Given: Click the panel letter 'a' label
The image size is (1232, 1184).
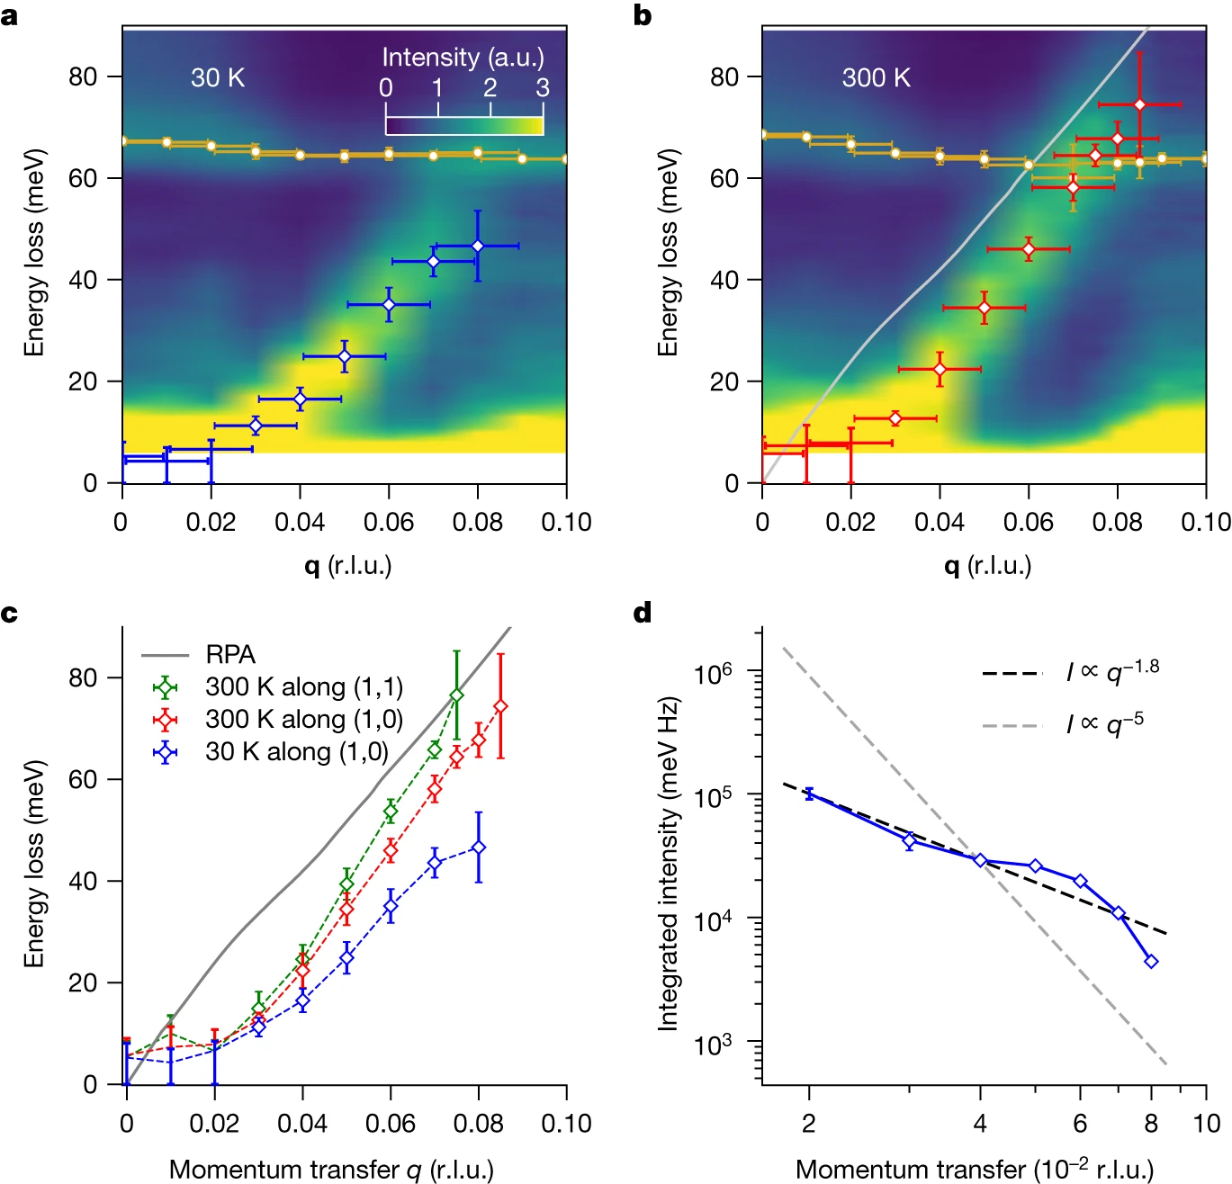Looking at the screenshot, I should [x=10, y=16].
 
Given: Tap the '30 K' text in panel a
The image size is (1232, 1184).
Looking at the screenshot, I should [x=218, y=78].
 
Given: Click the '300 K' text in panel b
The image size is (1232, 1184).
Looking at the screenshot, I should [x=876, y=78].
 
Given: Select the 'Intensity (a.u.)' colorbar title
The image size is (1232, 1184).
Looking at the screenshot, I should [x=463, y=58].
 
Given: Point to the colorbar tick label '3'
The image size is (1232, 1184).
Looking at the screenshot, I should [x=543, y=88].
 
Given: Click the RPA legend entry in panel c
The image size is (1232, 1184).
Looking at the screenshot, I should [x=230, y=655].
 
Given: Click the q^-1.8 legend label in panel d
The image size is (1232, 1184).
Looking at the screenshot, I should [x=1112, y=671].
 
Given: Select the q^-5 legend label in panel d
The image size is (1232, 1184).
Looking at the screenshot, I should [x=1105, y=723].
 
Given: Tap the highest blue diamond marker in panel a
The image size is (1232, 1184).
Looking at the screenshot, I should [x=478, y=247].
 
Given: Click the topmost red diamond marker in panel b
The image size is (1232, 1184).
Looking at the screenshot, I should [x=1139, y=105].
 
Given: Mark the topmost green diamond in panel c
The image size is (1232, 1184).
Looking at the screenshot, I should [x=456, y=695].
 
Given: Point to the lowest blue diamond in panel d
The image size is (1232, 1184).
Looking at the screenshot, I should [x=1151, y=962].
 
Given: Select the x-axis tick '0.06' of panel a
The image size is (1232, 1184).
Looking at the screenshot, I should [x=389, y=523].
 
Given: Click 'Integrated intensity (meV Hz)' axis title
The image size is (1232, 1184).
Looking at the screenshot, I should [x=667, y=863].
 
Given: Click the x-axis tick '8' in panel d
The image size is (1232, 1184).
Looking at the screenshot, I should [x=1151, y=1124].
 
